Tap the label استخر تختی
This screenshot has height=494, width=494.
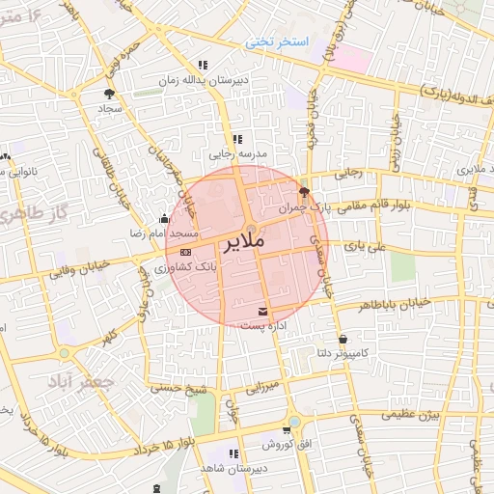[x=278, y=43]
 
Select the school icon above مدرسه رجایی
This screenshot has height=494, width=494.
[x=237, y=139]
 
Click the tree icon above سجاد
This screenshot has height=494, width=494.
[x=108, y=94]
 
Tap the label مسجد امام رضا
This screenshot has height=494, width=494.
[x=170, y=234]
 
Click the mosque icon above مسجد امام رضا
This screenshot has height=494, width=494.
[x=163, y=218]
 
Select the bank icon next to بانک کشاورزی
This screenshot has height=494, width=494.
[x=186, y=251]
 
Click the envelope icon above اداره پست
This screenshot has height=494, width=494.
[x=263, y=311]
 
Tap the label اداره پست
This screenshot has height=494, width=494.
[x=263, y=327]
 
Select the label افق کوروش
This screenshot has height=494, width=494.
[x=288, y=445]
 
